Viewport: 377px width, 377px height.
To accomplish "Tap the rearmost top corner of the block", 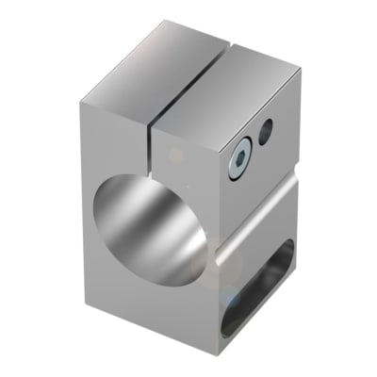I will click(233, 30).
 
